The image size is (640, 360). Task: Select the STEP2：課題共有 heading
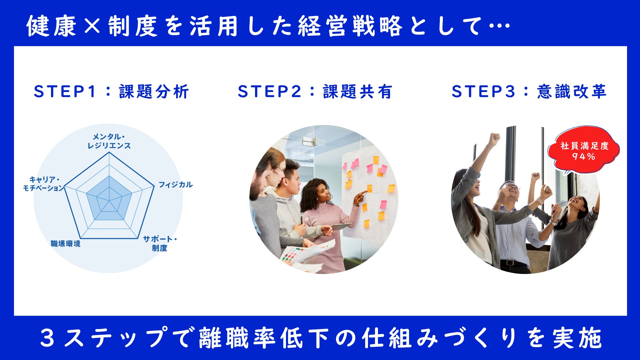click(x=315, y=91)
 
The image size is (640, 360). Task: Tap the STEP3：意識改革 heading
click(x=529, y=91)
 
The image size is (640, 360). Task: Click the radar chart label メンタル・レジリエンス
click(x=109, y=141)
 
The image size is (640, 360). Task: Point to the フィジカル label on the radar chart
click(x=175, y=185)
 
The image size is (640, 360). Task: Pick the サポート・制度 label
click(x=160, y=243)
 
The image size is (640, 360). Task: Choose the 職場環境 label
click(x=65, y=244)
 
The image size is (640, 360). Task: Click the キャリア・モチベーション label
click(x=43, y=184)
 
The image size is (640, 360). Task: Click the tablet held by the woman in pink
click(x=340, y=227)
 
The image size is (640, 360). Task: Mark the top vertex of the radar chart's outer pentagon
click(x=109, y=152)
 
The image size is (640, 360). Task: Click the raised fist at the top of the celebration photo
click(x=494, y=139)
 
